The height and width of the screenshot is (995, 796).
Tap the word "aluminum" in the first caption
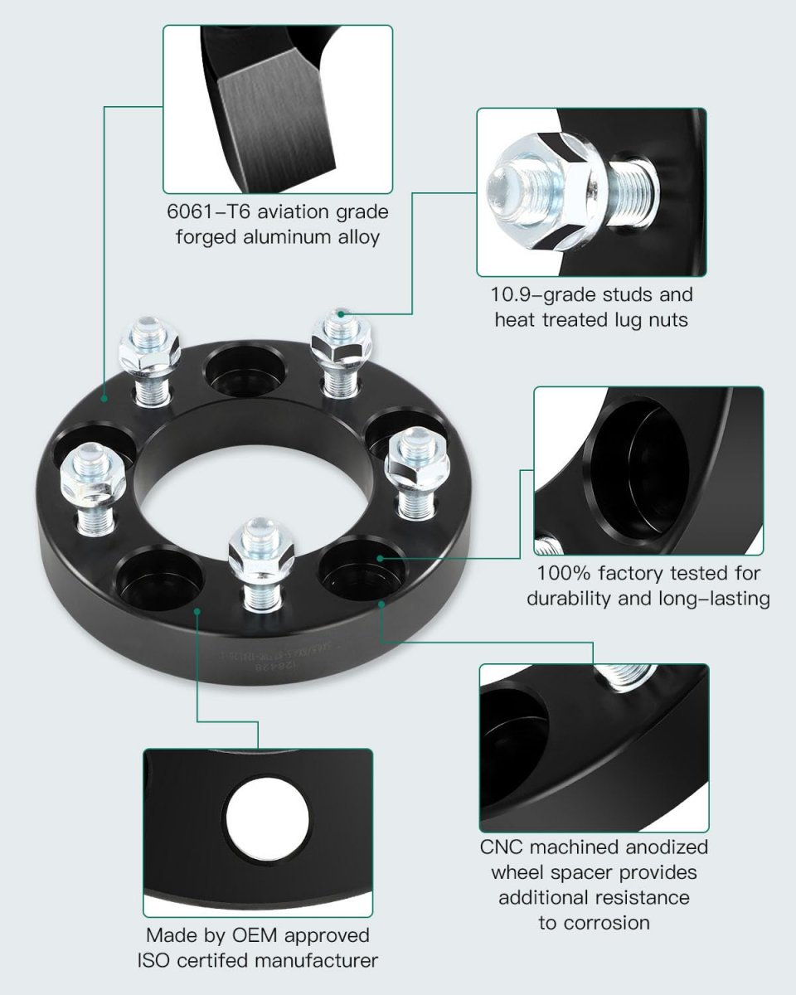294,236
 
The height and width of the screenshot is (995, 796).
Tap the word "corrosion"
594,922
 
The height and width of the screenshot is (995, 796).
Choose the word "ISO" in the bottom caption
157,961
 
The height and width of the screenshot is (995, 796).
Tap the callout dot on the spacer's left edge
104,398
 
